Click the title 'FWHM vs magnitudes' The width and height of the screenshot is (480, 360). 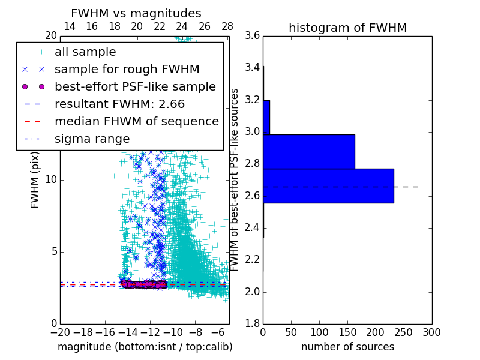136,13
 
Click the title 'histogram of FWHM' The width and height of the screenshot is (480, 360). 347,28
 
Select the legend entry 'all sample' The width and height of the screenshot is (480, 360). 85,52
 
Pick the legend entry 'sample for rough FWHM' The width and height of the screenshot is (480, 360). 127,69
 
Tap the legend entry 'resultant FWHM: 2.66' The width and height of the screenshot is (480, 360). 119,104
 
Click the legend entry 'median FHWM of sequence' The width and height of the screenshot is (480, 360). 136,121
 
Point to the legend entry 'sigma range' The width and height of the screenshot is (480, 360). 92,139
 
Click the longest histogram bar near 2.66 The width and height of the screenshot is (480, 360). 328,186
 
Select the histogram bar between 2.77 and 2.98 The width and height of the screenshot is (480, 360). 309,152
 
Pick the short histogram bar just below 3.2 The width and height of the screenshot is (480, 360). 266,117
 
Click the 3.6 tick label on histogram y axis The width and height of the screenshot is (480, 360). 252,35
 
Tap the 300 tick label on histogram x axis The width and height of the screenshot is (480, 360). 431,332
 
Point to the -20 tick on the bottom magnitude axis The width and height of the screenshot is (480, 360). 60,332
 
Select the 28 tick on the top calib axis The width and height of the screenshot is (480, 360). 227,26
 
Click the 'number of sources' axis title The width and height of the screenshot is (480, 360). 347,347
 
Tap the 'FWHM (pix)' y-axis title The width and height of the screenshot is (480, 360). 35,179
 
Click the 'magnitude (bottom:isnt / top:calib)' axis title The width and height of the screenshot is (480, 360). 145,347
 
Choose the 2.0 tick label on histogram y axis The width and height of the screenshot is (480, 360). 252,292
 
